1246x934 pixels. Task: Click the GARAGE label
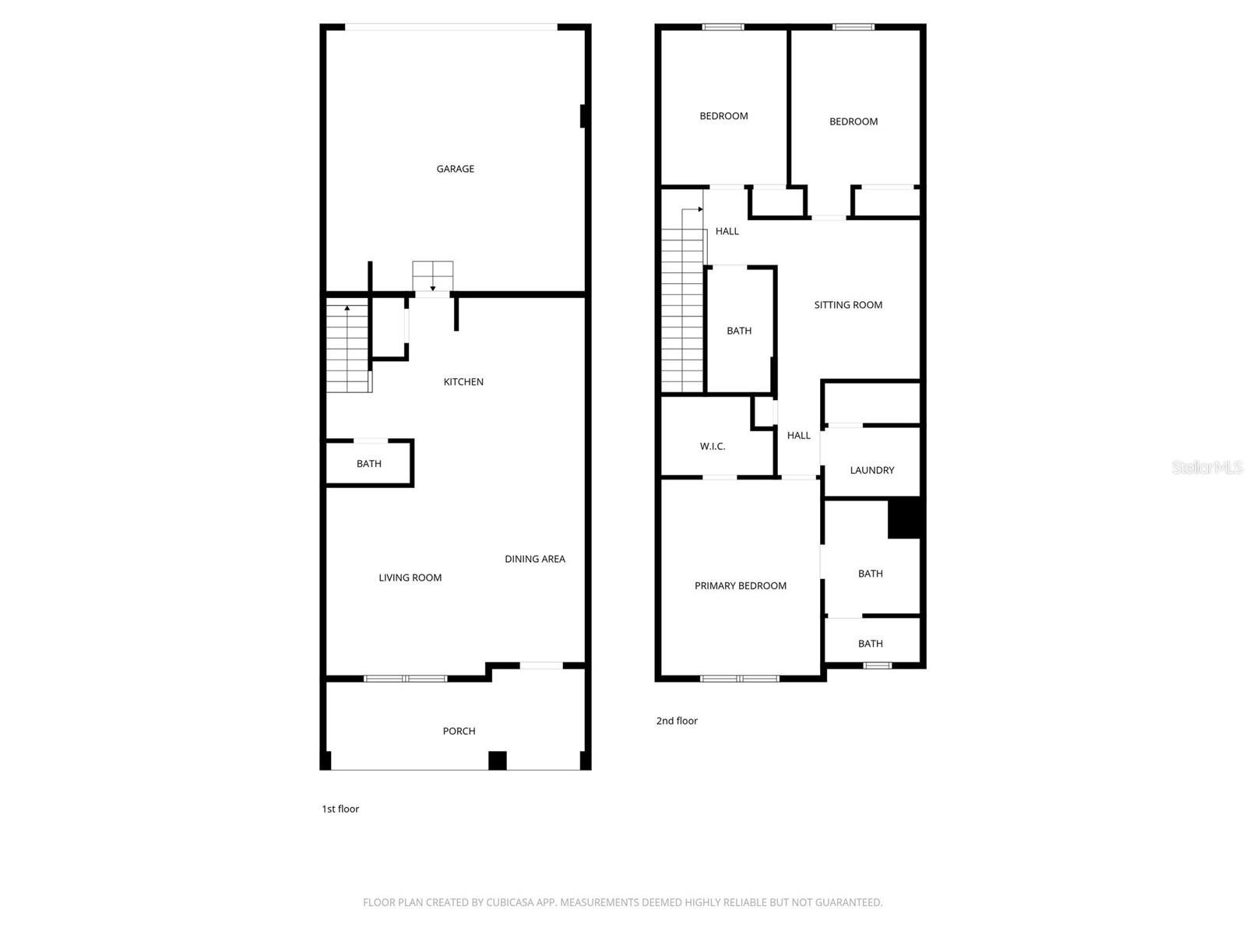pyautogui.click(x=455, y=168)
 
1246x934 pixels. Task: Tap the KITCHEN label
pyautogui.click(x=463, y=381)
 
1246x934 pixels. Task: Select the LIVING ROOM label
pyautogui.click(x=410, y=578)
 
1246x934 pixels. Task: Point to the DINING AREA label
pyautogui.click(x=535, y=559)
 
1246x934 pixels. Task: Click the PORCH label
pyautogui.click(x=459, y=731)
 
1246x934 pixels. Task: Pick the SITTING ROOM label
pyautogui.click(x=848, y=304)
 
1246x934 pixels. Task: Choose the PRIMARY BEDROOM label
pyautogui.click(x=741, y=585)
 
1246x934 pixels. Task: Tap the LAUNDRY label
pyautogui.click(x=872, y=469)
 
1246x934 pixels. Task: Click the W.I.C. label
pyautogui.click(x=713, y=446)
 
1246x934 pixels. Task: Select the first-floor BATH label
pyautogui.click(x=368, y=463)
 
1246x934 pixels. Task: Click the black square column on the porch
pyautogui.click(x=498, y=760)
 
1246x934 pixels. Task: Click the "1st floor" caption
pyautogui.click(x=340, y=809)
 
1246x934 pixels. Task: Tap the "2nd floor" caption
pyautogui.click(x=677, y=720)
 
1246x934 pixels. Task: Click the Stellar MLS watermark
pyautogui.click(x=1207, y=467)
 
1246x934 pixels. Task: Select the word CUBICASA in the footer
pyautogui.click(x=509, y=901)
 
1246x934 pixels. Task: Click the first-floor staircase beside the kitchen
pyautogui.click(x=349, y=346)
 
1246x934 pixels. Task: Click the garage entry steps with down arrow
pyautogui.click(x=432, y=276)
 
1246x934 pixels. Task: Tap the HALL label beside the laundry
pyautogui.click(x=798, y=435)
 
